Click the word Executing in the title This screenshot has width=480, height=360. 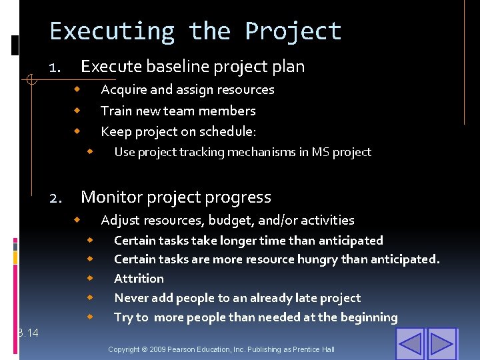click(x=111, y=31)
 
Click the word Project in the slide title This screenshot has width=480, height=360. click(x=293, y=31)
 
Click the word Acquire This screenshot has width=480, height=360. click(x=123, y=89)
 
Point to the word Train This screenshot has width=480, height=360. click(x=116, y=111)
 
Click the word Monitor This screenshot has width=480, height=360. click(x=110, y=197)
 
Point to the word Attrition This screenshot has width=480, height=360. click(x=139, y=279)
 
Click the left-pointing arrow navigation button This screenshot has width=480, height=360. click(x=409, y=343)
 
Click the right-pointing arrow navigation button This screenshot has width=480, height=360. click(x=441, y=343)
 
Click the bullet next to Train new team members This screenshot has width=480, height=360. click(x=77, y=109)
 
